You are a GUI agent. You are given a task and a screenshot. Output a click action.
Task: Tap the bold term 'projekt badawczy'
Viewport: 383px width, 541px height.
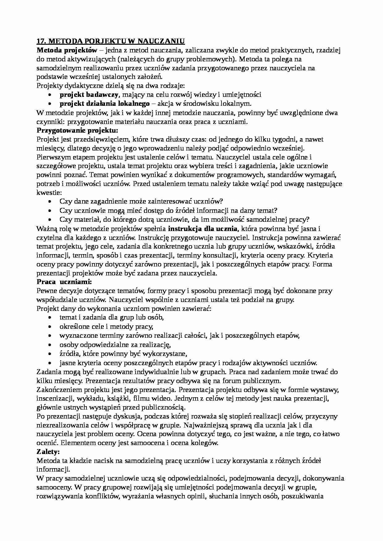87,95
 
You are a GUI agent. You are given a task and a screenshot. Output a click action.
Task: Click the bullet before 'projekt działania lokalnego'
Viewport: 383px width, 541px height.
50,104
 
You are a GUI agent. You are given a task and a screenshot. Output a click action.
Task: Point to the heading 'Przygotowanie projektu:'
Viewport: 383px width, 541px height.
77,130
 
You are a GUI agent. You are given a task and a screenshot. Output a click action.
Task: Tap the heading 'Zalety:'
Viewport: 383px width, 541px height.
48,452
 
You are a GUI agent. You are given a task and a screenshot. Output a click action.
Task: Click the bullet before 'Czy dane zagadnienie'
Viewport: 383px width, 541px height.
50,202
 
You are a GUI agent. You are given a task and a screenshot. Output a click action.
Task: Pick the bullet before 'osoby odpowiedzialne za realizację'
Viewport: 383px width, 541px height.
50,345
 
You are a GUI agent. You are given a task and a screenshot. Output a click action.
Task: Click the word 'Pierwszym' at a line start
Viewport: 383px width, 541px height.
52,157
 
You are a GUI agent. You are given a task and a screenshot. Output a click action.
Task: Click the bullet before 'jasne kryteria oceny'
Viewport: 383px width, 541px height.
50,363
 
